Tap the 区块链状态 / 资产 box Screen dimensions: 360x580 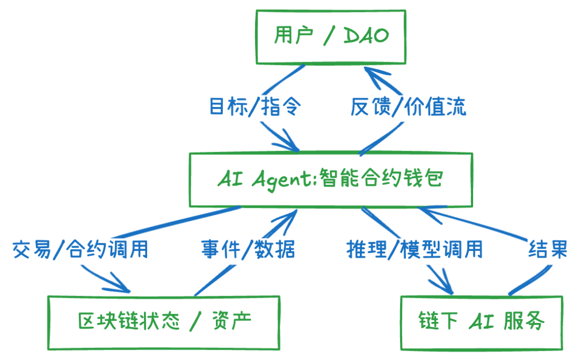(x=164, y=321)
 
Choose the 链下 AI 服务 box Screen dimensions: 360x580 (x=482, y=321)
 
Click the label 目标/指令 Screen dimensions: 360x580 (x=255, y=107)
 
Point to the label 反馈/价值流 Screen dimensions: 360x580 (x=409, y=107)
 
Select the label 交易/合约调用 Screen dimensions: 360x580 (x=81, y=250)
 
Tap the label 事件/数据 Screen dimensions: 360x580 (x=248, y=250)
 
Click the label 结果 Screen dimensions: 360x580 (x=548, y=250)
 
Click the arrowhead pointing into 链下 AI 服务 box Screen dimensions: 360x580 (x=445, y=286)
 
